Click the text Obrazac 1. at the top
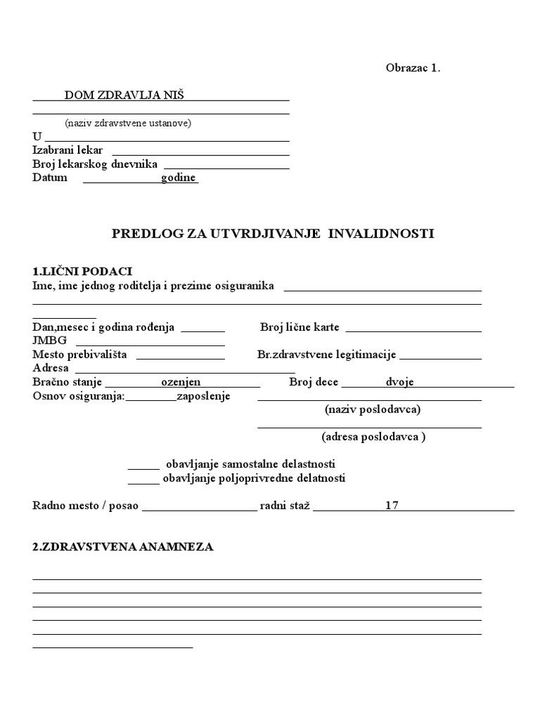[x=413, y=68]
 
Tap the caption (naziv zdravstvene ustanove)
[x=128, y=123]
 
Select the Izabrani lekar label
[x=67, y=150]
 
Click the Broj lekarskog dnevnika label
[x=95, y=164]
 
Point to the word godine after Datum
[x=179, y=178]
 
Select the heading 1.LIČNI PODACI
[x=82, y=271]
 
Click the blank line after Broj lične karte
[x=413, y=329]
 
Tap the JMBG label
[x=49, y=341]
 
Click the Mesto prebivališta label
[x=79, y=355]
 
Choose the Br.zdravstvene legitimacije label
[x=327, y=355]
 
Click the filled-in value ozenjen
[x=181, y=382]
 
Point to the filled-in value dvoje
[x=399, y=382]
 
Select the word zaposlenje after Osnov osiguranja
[x=204, y=396]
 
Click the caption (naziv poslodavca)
[x=373, y=409]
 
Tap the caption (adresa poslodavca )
[x=373, y=437]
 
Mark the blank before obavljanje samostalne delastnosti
[x=143, y=466]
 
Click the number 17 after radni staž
[x=392, y=506]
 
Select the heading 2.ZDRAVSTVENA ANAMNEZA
[x=123, y=547]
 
